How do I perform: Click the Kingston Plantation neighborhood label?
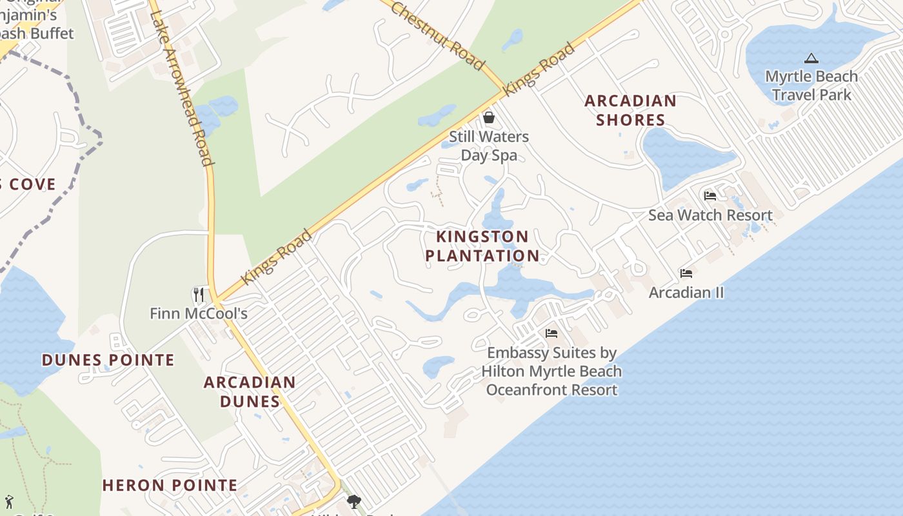pyautogui.click(x=482, y=246)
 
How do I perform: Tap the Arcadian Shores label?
pyautogui.click(x=630, y=110)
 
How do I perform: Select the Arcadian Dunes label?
pyautogui.click(x=250, y=392)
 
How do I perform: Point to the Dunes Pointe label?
pyautogui.click(x=108, y=360)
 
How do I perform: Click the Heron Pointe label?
pyautogui.click(x=170, y=485)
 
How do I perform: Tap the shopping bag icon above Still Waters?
pyautogui.click(x=489, y=117)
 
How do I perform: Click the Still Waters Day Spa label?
pyautogui.click(x=489, y=146)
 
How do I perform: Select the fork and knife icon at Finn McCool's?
pyautogui.click(x=199, y=295)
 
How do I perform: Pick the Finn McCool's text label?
pyautogui.click(x=199, y=314)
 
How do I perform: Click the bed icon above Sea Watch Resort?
pyautogui.click(x=710, y=196)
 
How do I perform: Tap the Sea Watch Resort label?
pyautogui.click(x=710, y=215)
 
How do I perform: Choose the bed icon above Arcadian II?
pyautogui.click(x=686, y=273)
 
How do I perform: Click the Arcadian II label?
pyautogui.click(x=686, y=293)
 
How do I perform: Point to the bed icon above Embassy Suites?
pyautogui.click(x=551, y=333)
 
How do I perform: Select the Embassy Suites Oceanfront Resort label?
pyautogui.click(x=551, y=372)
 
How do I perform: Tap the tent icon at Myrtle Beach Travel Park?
pyautogui.click(x=811, y=59)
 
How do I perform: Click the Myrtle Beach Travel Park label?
pyautogui.click(x=811, y=85)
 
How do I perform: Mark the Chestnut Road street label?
pyautogui.click(x=437, y=35)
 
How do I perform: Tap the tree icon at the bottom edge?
pyautogui.click(x=353, y=501)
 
